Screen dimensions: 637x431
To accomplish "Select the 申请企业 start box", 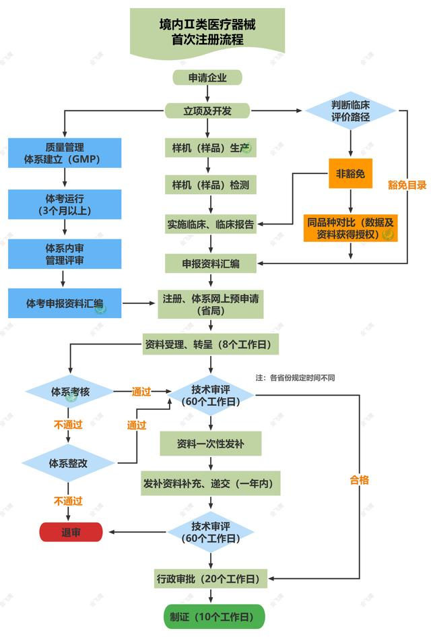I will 207,78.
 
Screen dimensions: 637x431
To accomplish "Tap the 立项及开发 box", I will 207,111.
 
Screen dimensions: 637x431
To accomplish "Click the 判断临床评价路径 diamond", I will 351,111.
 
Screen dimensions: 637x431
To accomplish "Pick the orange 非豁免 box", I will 350,174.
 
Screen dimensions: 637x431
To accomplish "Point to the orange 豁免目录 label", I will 407,185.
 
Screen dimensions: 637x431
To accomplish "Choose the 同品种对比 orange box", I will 350,227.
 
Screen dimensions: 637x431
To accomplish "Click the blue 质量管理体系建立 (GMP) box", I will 65,153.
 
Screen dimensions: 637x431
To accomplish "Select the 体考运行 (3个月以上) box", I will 65,204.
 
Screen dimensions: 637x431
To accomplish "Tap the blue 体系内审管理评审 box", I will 65,254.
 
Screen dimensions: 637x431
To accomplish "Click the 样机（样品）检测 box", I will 211,184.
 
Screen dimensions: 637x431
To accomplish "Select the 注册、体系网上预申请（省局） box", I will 210,305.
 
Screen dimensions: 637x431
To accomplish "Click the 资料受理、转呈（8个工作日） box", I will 210,344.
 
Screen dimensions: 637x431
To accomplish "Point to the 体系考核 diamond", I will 70,391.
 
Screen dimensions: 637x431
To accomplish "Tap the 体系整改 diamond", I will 70,464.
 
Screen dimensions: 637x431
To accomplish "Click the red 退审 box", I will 71,532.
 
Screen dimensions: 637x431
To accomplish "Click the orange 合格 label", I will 359,480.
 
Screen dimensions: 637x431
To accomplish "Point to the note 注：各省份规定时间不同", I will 295,377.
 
